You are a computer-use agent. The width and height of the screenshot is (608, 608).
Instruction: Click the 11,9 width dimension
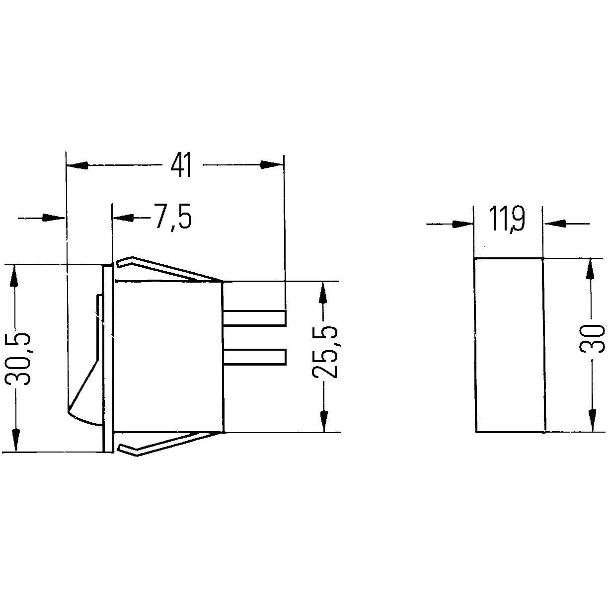click(507, 219)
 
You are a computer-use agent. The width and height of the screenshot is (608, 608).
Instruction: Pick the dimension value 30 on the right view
click(592, 338)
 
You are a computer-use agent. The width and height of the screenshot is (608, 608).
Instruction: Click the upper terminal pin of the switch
click(255, 318)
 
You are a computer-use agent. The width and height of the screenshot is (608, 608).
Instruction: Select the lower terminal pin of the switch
click(255, 357)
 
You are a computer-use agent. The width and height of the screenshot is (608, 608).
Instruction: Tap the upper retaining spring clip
click(167, 269)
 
